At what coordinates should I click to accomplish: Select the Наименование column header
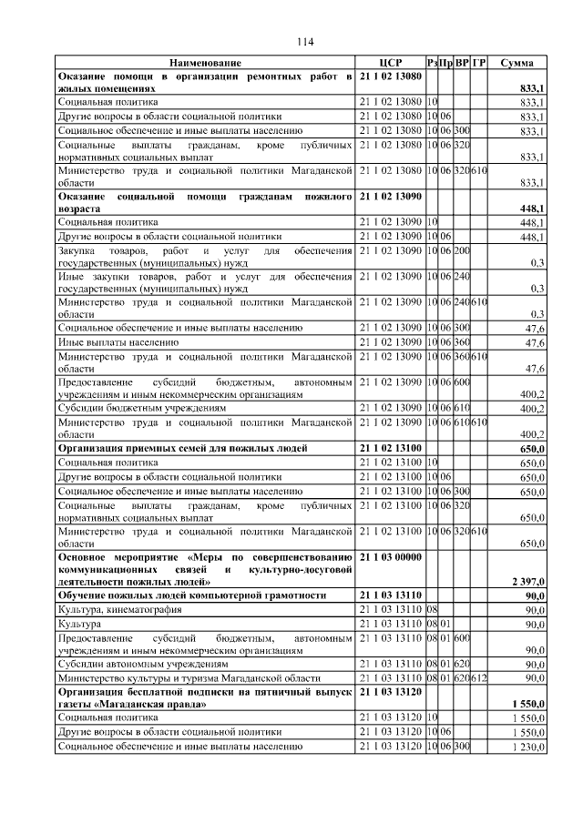205,62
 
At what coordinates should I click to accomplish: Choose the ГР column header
479,62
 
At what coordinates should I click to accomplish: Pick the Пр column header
446,62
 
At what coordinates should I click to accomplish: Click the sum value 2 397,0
527,580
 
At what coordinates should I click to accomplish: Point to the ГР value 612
479,678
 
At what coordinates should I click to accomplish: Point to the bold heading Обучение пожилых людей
192,595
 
